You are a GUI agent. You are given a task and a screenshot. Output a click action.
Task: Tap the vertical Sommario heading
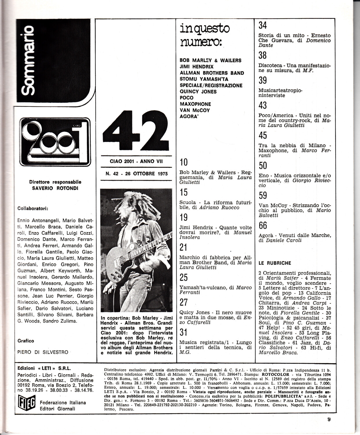point(30,61)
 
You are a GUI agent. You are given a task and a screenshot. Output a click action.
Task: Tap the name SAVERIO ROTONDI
point(55,188)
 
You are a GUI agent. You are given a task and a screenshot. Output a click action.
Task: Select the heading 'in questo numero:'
point(205,35)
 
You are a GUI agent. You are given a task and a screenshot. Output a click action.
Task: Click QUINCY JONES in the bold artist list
point(198,92)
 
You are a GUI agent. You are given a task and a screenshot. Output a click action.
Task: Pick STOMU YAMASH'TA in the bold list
point(204,79)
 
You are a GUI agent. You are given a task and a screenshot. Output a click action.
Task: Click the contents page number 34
point(263,26)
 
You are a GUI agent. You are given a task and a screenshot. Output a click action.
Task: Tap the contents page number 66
point(263,226)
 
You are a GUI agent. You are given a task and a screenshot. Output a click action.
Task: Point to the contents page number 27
point(184,302)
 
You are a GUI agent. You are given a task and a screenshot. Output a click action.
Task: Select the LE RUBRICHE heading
point(275,263)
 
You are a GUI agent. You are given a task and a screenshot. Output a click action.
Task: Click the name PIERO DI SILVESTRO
point(43,352)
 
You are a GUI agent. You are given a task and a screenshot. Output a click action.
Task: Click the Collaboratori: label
point(33,208)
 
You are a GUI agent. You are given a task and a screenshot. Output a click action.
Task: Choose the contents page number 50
point(263,166)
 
